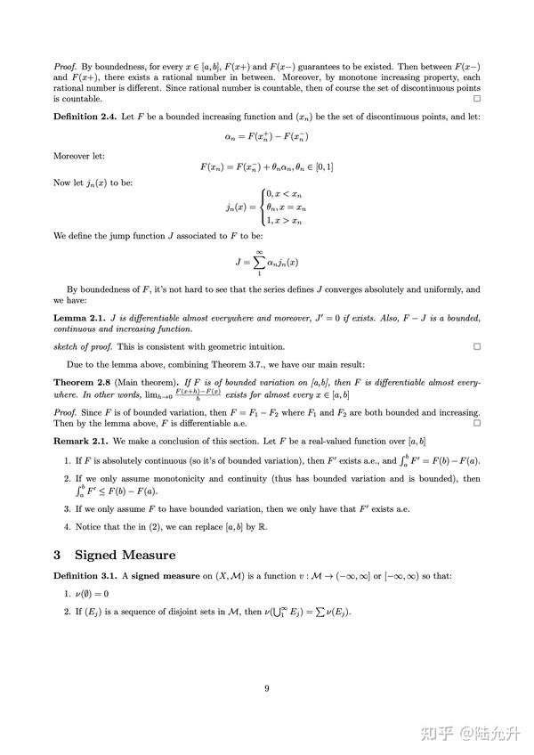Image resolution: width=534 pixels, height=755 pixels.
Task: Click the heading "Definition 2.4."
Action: point(83,117)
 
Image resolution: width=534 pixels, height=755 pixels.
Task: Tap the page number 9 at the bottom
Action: point(266,686)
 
